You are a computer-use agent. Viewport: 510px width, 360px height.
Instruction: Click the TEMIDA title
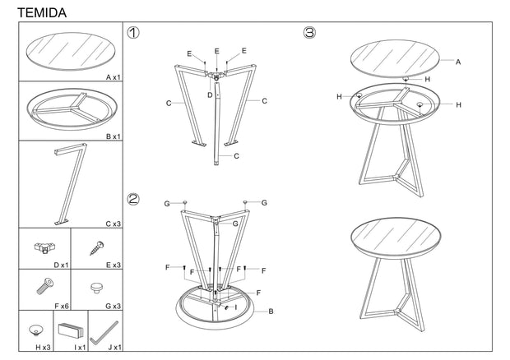coord(42,13)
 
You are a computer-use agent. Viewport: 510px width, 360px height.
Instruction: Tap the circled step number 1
coord(133,33)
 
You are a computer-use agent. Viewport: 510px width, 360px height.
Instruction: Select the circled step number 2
coord(133,199)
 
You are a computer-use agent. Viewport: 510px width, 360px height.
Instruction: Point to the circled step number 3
coord(309,33)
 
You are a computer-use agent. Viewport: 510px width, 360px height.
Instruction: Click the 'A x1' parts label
coord(114,77)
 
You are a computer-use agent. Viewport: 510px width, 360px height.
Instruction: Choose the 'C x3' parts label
coord(114,224)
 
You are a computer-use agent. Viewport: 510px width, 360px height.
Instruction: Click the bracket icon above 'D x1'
coord(44,247)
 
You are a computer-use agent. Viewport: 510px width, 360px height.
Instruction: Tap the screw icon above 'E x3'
coord(97,248)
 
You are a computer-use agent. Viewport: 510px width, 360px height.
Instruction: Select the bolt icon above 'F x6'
coord(45,286)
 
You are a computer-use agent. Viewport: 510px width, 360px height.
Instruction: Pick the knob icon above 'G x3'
coord(96,288)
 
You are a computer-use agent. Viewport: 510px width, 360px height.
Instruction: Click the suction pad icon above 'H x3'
coord(35,330)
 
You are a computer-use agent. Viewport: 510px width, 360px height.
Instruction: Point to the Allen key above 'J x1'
coord(104,334)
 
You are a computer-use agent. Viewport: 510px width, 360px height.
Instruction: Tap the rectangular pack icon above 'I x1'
coord(71,330)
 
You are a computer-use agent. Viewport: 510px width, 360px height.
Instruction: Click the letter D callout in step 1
coord(210,95)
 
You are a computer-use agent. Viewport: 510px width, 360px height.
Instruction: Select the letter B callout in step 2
coord(271,312)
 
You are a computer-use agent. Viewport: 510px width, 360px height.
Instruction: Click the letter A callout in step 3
coord(458,62)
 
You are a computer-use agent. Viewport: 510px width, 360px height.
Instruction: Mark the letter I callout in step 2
coord(236,307)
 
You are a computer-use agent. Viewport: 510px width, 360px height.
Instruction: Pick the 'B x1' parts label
coord(114,136)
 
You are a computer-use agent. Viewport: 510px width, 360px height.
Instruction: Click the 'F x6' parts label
coord(62,306)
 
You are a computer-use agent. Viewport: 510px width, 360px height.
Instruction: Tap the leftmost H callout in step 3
coord(339,96)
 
